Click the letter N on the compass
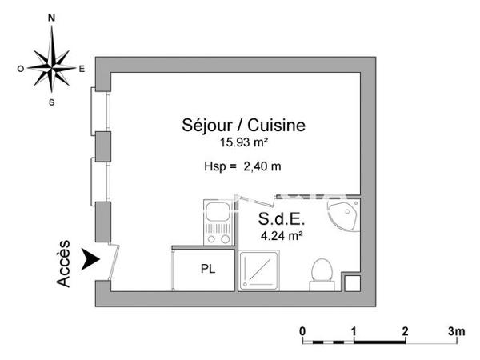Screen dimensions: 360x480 [x=52, y=16]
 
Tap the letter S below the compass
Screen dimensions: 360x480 [x=52, y=102]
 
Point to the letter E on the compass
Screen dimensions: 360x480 [x=82, y=69]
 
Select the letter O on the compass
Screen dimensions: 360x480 [x=21, y=69]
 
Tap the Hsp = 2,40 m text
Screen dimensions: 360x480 [x=242, y=166]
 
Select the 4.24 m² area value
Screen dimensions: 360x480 [x=281, y=235]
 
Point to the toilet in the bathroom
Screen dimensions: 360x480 [x=321, y=270]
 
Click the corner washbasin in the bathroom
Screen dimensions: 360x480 [x=345, y=214]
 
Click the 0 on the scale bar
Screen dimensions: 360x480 [x=302, y=330]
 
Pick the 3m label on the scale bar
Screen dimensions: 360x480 [x=456, y=330]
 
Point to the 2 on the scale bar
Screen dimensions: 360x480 [x=405, y=330]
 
